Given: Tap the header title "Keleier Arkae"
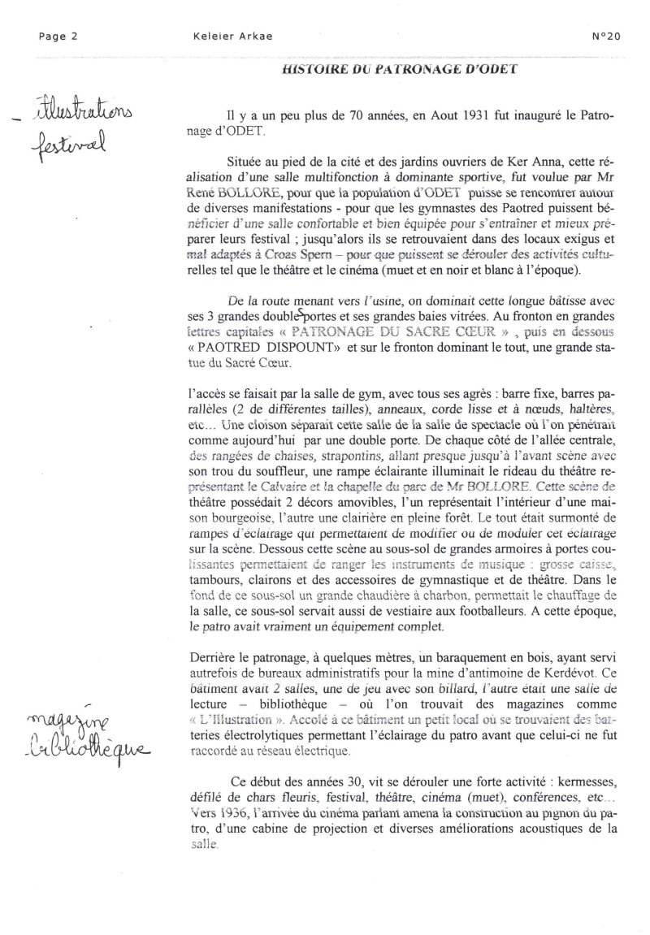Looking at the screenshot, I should click(219, 36).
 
